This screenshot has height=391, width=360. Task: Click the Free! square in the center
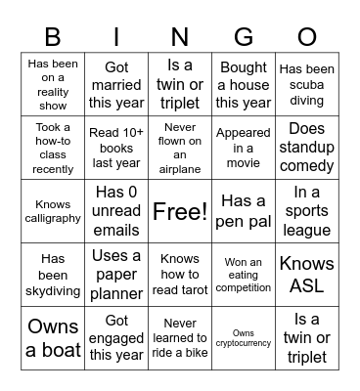180,211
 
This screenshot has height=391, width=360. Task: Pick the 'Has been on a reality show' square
53,85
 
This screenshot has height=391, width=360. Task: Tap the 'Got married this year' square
116,85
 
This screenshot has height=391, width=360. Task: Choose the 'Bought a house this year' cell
244,85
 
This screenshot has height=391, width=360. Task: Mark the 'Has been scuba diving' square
306,85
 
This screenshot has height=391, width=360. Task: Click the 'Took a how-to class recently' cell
53,148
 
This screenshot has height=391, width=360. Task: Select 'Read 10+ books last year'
116,148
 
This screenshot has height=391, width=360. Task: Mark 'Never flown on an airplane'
180,148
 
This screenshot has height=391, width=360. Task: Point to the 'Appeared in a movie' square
244,148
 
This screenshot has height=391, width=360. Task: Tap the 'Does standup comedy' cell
306,148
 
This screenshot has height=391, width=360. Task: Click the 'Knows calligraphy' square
53,211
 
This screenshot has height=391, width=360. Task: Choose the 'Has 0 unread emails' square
116,211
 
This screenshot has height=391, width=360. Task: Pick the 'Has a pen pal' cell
244,211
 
